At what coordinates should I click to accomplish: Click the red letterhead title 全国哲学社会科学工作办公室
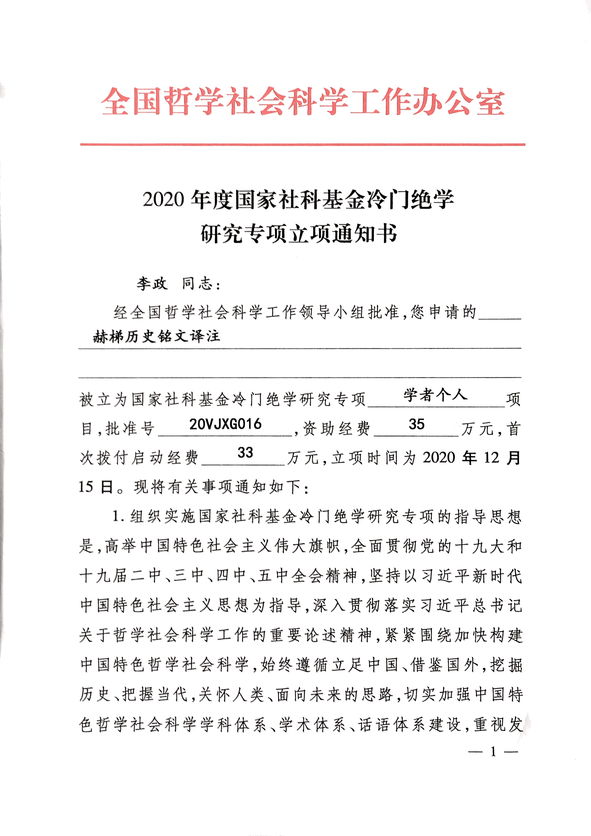(303, 102)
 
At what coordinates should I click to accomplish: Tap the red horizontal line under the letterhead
(303, 144)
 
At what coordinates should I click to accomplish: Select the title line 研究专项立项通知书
(299, 233)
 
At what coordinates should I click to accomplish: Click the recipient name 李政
(152, 284)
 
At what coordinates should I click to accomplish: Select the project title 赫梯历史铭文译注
(156, 336)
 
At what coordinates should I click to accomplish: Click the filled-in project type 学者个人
(435, 395)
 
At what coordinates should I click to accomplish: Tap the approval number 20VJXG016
(225, 424)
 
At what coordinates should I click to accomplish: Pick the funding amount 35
(416, 424)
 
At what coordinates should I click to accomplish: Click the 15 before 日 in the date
(86, 487)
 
